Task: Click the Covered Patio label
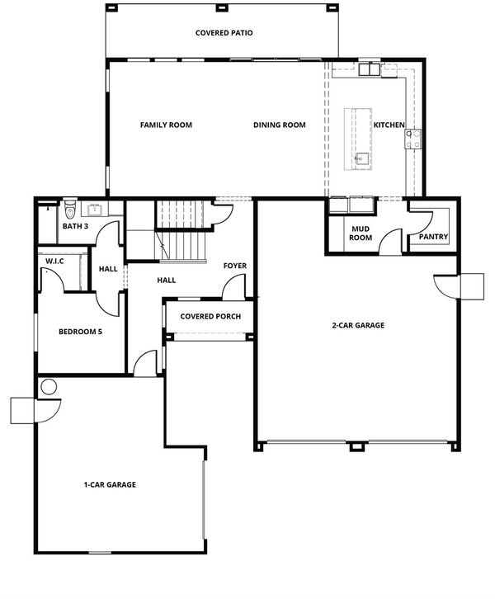click(224, 33)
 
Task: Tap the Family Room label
click(166, 125)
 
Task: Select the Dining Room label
click(279, 125)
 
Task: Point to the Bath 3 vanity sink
click(94, 210)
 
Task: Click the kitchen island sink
click(361, 158)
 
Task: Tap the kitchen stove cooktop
click(413, 139)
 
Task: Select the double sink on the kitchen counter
click(369, 69)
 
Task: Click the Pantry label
click(433, 237)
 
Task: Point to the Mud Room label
click(361, 233)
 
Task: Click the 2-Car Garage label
click(358, 325)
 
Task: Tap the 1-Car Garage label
click(110, 485)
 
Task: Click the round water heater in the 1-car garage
click(49, 387)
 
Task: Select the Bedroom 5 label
click(80, 332)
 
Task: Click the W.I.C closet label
click(54, 262)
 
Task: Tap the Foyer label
click(235, 266)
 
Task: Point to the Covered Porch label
click(210, 317)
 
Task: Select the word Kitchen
click(389, 125)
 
